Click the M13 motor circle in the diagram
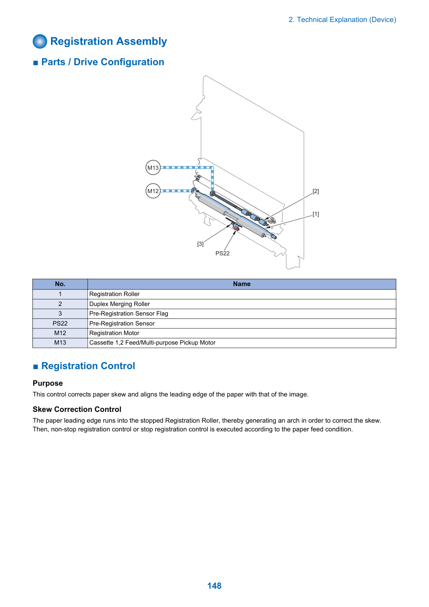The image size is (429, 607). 153,168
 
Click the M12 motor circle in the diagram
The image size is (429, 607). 153,191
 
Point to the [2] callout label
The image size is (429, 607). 316,191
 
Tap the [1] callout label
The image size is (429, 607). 316,214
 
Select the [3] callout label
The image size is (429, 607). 200,244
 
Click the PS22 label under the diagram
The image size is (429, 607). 222,253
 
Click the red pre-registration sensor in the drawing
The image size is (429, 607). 237,228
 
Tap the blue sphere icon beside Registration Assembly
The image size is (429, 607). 40,42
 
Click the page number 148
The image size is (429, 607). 214,585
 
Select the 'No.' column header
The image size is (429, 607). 60,284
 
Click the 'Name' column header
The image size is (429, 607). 241,284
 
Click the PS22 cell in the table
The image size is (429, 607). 60,323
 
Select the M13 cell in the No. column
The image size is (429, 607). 60,343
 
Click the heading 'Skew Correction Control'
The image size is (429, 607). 77,409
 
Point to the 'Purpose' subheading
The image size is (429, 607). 48,383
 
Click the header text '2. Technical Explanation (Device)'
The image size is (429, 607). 342,20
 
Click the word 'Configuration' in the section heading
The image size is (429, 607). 132,62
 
